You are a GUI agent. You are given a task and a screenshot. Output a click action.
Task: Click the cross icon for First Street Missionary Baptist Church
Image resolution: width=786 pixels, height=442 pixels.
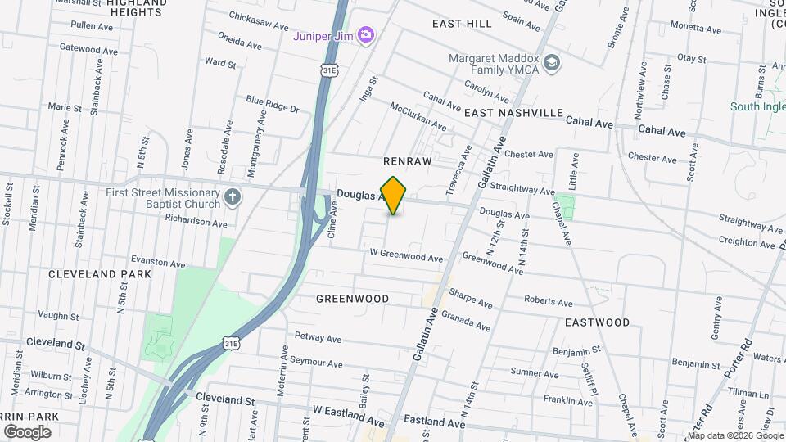tap(233, 196)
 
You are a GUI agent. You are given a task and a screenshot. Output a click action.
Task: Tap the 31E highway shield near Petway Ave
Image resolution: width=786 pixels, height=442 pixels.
tap(231, 345)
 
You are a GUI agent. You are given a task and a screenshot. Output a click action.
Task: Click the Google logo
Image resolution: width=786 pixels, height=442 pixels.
tap(27, 431)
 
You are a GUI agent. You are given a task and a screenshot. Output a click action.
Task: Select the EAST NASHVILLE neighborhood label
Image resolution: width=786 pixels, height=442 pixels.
tap(514, 113)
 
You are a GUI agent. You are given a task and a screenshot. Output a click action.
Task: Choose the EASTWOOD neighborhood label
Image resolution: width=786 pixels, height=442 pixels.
tap(597, 322)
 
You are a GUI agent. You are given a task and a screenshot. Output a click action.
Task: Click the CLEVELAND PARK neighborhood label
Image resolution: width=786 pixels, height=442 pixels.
tap(100, 274)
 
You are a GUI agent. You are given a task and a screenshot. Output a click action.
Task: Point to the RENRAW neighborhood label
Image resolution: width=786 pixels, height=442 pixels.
tap(407, 161)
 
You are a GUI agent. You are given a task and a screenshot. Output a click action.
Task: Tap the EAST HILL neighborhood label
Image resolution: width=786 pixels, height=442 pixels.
tap(463, 24)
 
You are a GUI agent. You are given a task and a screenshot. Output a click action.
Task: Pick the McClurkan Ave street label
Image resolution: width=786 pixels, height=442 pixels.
tap(418, 117)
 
